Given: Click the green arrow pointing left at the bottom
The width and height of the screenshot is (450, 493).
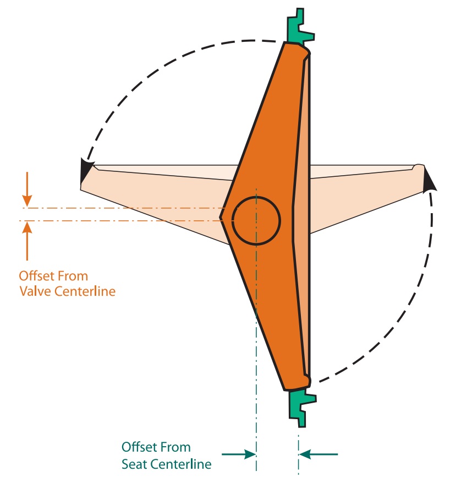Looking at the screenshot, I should (319, 454).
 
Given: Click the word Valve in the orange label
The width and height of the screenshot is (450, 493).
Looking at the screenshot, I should (36, 291).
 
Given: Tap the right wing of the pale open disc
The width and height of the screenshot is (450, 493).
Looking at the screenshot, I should (363, 193).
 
